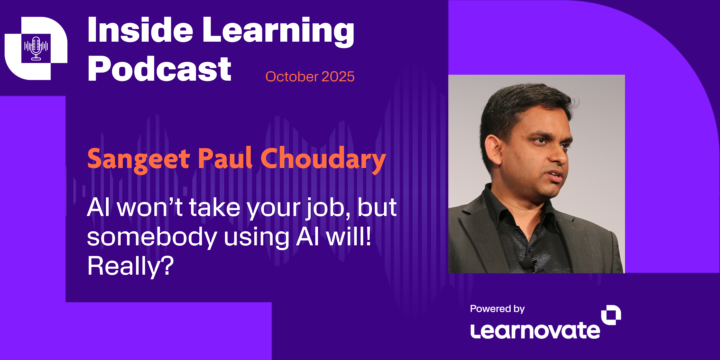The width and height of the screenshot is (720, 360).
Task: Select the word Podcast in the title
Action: coord(159,69)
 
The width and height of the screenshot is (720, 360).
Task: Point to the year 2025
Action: coord(338,77)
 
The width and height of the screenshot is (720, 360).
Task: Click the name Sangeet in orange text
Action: coord(138,159)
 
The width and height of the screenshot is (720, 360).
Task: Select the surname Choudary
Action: coord(323,159)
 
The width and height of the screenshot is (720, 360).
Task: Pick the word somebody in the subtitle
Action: coord(152,237)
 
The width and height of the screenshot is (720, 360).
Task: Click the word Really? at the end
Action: coord(130,266)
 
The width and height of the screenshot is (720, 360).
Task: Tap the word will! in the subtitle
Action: coord(348,237)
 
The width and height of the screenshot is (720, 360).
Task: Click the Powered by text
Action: coord(497,309)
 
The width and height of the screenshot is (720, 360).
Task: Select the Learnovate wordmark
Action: coord(535,331)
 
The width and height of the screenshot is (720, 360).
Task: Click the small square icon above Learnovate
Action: coord(611,315)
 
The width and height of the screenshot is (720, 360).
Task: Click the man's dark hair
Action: coord(520,103)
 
